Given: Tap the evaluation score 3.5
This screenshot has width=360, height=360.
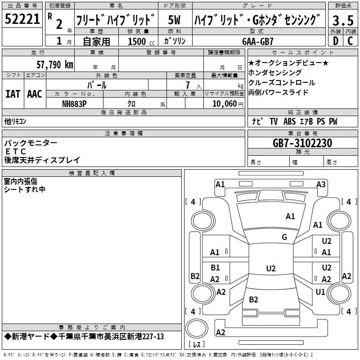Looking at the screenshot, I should tap(343, 20).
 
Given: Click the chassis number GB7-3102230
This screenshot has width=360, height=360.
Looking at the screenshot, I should tap(302, 143).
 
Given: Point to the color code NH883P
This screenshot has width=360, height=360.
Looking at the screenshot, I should tap(74, 103).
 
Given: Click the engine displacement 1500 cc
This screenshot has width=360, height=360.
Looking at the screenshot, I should tap(137, 41).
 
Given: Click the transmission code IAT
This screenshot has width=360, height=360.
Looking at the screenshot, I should tap(13, 94).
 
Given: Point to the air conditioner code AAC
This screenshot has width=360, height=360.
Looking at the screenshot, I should tap(35, 94).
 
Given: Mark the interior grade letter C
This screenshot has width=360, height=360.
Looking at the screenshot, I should tap(350, 40).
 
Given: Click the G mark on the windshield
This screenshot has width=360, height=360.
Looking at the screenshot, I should tap(284, 237).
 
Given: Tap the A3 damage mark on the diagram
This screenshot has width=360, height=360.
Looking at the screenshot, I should tap(321, 184).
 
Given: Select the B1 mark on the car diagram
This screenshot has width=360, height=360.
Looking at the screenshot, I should tap(215, 268).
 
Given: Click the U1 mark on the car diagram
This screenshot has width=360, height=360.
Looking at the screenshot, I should tap(320, 292).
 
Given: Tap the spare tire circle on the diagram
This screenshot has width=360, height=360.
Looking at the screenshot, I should tap(196, 327).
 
